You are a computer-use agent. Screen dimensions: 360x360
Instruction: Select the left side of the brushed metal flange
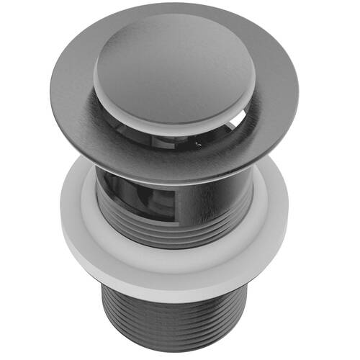68,101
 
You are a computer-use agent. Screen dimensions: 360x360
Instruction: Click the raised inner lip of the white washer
180,248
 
